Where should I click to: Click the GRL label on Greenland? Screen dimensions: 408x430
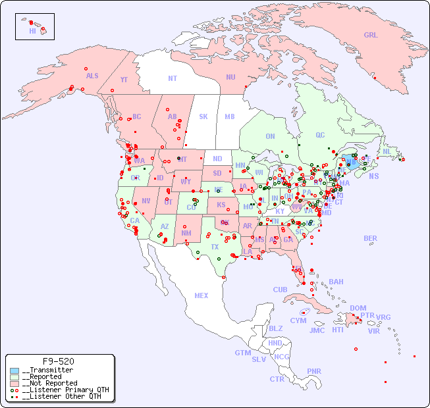point(371,36)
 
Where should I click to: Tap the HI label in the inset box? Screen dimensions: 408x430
point(32,31)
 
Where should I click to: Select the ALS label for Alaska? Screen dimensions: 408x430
point(92,76)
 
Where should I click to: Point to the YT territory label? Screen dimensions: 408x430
point(124,80)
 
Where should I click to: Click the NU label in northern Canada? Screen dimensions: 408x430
point(230,78)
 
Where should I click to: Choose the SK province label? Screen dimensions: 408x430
point(203,117)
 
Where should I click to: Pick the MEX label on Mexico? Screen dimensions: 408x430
point(202,296)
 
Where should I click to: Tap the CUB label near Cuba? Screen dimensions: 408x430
point(280,290)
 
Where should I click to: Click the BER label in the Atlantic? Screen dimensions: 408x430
point(370,239)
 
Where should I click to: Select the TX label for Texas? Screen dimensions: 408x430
point(215,247)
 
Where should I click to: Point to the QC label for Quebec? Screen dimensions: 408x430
point(320,136)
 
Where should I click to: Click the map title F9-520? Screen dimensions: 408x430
point(58,361)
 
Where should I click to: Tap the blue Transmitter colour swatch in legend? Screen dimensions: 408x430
point(14,370)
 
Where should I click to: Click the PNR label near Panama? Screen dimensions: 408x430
point(314,372)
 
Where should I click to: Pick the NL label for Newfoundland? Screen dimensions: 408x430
point(387,151)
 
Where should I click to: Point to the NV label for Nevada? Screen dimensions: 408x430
point(146,201)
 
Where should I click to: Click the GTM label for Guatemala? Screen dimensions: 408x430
point(242,353)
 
